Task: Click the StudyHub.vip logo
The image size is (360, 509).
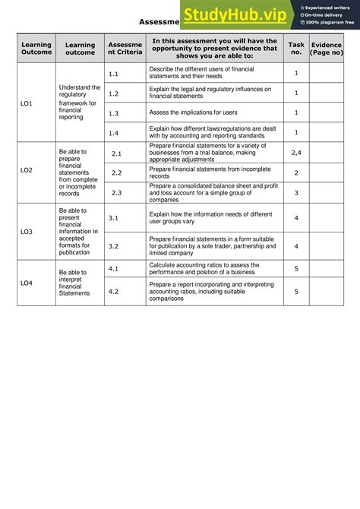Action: coord(235,14)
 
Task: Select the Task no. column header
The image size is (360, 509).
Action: coord(296,48)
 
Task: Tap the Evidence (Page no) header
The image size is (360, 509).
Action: coord(327,48)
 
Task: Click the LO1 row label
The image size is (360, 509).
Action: coord(27,103)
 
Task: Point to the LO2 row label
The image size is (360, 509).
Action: coord(27,170)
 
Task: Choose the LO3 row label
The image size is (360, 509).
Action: coord(27,231)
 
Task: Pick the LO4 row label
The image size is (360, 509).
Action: coord(27,282)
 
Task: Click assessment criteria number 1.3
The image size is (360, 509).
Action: coord(113,112)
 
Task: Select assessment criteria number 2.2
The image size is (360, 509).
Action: coord(117,173)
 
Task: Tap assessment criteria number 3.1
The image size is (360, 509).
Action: coord(113,217)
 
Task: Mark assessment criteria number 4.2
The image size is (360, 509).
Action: coord(113,291)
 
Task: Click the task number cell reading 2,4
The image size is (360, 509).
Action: coord(296,153)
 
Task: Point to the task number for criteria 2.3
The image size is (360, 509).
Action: coord(296,193)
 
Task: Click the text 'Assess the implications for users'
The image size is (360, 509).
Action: coord(193,112)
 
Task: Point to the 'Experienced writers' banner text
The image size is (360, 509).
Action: coord(328,7)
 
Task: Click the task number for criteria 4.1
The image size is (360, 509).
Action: coord(296,268)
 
